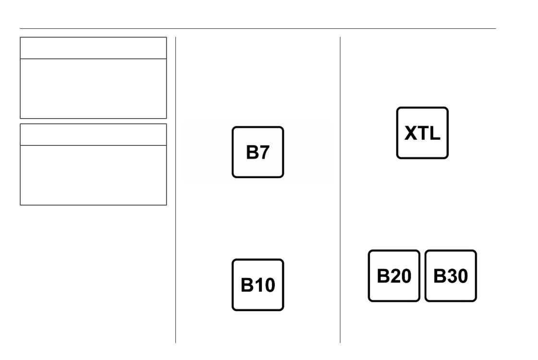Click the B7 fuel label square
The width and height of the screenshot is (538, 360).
[257, 152]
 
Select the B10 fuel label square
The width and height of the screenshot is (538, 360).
[257, 285]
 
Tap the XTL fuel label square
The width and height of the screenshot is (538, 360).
[422, 133]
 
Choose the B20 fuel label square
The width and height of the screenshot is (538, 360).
[394, 276]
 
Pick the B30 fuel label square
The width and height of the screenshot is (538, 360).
[451, 276]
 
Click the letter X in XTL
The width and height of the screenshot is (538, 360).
[411, 133]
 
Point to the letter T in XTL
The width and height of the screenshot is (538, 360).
[423, 133]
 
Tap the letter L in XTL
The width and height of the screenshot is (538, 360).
[435, 133]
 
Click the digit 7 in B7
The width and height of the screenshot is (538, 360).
[264, 153]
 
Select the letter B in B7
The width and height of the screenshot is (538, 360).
[252, 153]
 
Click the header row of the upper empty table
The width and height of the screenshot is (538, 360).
[93, 48]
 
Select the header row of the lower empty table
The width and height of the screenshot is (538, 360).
[93, 135]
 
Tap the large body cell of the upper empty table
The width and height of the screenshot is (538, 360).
[93, 89]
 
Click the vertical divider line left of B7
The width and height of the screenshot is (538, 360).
[176, 190]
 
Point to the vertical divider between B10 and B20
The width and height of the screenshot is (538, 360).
[341, 190]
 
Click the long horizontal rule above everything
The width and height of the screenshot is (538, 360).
[257, 28]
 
